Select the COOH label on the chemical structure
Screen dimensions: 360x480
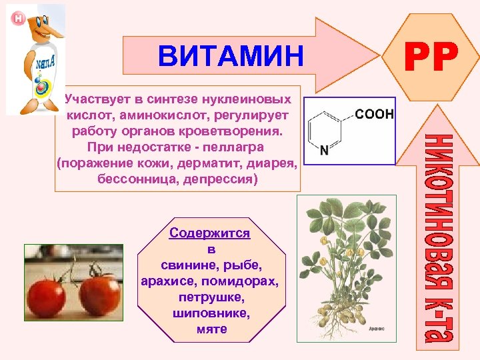tap(374, 115)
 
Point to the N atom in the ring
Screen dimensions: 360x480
tap(324, 151)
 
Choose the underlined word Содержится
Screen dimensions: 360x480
tap(210, 233)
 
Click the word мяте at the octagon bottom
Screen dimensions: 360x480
tap(212, 329)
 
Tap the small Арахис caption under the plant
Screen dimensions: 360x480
tap(375, 328)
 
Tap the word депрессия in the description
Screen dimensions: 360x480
tap(222, 180)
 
